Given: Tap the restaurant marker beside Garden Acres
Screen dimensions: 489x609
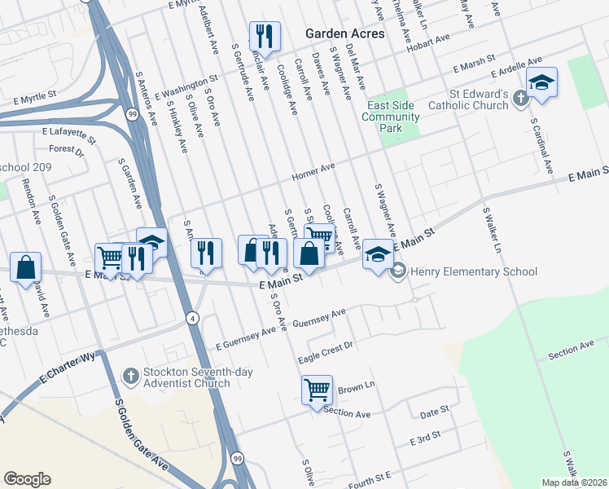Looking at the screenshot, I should click(x=265, y=37).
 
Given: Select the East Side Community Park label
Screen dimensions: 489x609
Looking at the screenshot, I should click(x=392, y=117).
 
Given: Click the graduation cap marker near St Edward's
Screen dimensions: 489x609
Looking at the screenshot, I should click(x=541, y=82).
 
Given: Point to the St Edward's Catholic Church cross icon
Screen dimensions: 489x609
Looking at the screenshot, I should click(x=521, y=99).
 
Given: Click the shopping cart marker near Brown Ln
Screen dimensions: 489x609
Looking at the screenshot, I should click(x=317, y=388).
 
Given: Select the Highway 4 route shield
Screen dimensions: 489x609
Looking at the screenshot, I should click(x=192, y=317).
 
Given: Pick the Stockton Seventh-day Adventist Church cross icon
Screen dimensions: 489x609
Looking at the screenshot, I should click(x=129, y=377).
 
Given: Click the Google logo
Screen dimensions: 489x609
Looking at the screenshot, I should click(x=27, y=479).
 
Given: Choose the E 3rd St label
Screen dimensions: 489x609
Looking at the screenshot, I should click(x=425, y=439).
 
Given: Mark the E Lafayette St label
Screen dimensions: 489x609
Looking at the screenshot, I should click(x=64, y=130).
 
